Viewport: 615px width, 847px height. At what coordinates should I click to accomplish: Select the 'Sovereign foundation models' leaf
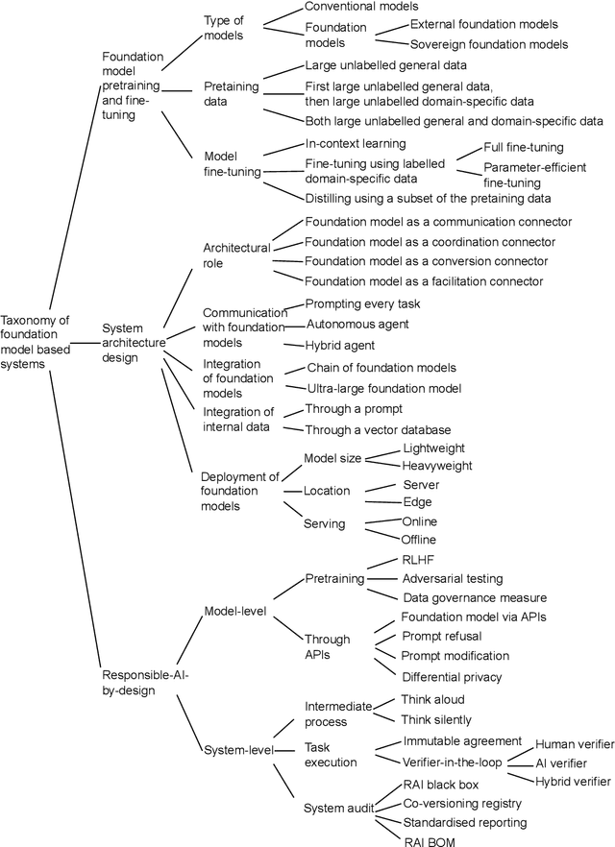click(489, 44)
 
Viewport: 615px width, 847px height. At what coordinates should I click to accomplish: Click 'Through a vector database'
click(378, 429)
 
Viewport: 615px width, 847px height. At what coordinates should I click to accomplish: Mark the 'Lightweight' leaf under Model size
click(433, 448)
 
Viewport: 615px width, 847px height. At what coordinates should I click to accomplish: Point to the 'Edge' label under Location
click(417, 501)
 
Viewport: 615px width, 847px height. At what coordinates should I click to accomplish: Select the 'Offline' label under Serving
click(418, 540)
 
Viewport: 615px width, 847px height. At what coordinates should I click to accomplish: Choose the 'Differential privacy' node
click(452, 677)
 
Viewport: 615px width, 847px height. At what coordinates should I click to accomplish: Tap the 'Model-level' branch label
click(236, 611)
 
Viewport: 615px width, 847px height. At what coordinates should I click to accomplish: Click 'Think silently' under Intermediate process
click(438, 719)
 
